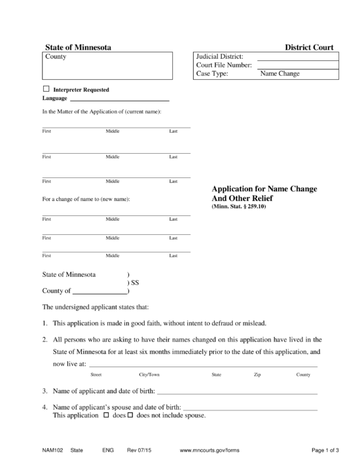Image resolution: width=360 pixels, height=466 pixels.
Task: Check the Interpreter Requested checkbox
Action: [46, 89]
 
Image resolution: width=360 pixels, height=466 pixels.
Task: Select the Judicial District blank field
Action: [297, 57]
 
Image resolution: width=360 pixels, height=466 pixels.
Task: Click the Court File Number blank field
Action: [297, 65]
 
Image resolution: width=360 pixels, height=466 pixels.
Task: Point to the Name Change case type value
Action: [279, 74]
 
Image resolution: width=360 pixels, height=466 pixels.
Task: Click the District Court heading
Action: [309, 48]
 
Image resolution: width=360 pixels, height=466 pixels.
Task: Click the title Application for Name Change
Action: [264, 188]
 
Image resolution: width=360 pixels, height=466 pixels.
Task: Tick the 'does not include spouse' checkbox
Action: [130, 416]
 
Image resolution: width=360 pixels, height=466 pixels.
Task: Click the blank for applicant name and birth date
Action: [237, 392]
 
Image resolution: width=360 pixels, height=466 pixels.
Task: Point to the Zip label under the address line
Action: [257, 374]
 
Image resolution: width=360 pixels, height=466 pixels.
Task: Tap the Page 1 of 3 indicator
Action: [325, 451]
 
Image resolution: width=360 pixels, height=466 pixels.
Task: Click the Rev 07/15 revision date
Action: [139, 451]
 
